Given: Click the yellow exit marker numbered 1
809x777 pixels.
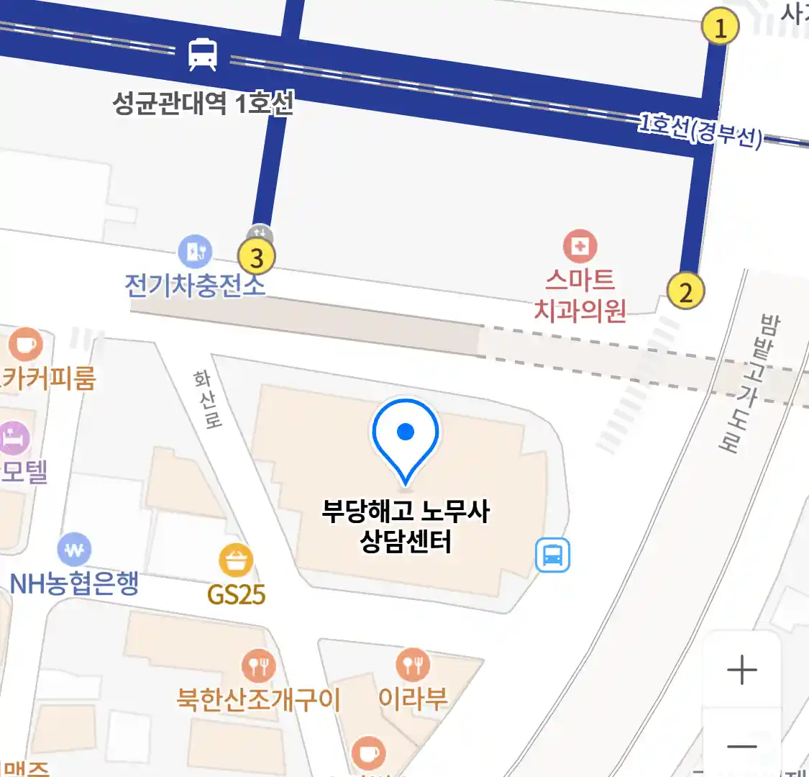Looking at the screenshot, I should coord(720,27).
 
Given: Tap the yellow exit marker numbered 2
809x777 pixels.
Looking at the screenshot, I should coord(685,291).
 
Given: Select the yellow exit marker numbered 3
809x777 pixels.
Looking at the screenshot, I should coord(257,257).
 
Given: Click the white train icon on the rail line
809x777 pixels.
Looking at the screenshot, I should coord(203,55).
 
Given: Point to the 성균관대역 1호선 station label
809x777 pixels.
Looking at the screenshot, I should coord(203,104).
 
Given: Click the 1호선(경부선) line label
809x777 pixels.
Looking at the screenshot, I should coord(700,130).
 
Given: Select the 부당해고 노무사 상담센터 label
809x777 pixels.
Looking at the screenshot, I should coord(406,527).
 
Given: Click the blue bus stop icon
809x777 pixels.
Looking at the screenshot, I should coord(552,555).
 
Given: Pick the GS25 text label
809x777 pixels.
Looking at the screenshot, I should coord(237,595).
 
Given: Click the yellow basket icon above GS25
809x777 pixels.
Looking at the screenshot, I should coord(236,561).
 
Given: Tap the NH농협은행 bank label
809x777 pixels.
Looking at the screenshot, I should coord(74,583).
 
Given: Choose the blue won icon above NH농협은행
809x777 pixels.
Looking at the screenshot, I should coord(74,550).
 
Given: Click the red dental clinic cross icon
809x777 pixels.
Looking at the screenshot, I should coord(580,247).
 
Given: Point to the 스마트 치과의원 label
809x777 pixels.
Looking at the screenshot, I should coord(580,295).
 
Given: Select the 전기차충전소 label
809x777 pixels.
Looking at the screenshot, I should coord(195,285).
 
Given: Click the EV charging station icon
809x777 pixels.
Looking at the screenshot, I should coord(195,251).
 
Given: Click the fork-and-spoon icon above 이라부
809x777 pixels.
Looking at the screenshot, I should coord(413,665).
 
